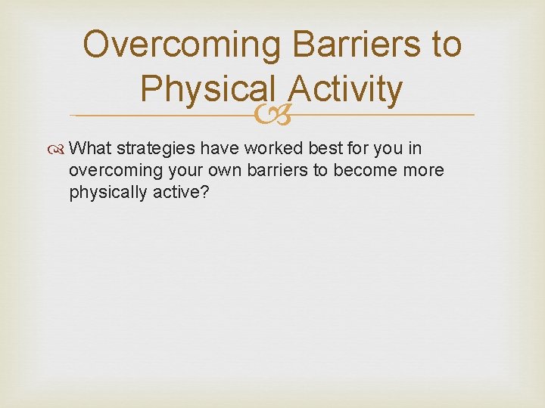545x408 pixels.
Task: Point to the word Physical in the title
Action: click(x=199, y=90)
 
